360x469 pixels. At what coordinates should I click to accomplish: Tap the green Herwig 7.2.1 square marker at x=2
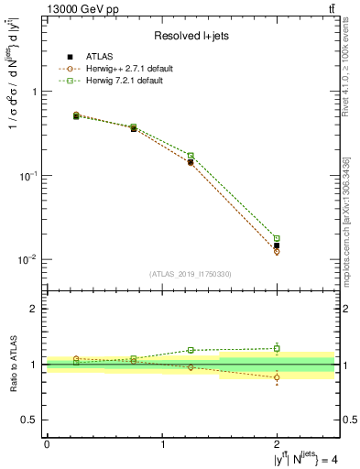coord(277,238)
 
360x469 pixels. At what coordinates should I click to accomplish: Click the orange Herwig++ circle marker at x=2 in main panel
coord(277,251)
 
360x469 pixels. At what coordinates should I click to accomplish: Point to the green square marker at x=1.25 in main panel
coord(191,156)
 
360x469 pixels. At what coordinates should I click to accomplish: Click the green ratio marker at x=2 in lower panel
coord(277,348)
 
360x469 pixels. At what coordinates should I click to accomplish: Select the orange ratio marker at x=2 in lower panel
coord(277,377)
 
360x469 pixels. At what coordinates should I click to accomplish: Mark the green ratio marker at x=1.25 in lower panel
coord(191,350)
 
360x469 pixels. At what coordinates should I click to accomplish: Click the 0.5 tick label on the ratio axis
coord(29,420)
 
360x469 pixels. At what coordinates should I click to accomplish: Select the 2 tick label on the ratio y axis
coord(34,310)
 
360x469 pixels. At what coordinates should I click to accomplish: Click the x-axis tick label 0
coord(47,444)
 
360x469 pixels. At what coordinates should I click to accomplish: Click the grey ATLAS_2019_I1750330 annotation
coord(190,274)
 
